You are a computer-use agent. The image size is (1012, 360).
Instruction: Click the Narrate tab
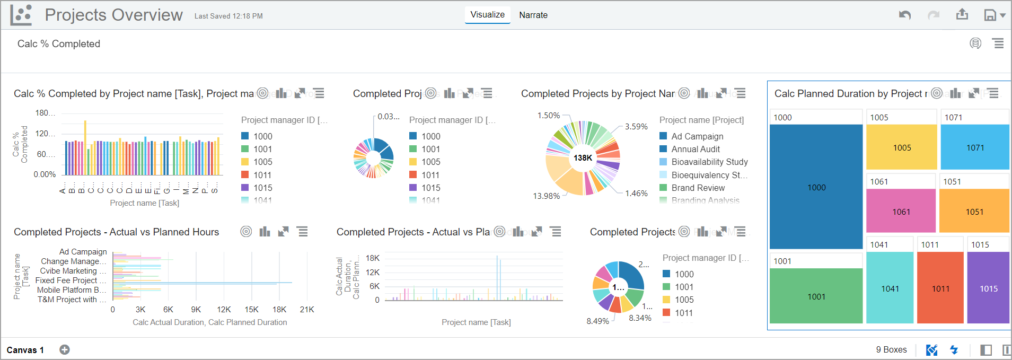point(533,15)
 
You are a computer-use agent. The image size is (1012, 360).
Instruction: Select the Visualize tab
point(487,15)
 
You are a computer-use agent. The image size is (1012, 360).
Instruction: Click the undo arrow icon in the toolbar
point(904,15)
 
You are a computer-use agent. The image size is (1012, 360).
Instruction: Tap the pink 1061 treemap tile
point(901,212)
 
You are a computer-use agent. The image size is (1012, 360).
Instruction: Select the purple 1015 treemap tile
point(988,288)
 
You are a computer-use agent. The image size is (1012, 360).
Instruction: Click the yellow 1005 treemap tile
point(901,147)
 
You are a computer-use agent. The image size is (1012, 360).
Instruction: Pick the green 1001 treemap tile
point(816,296)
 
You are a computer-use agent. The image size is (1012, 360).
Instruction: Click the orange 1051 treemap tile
point(974,212)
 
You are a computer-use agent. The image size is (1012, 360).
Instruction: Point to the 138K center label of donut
point(583,158)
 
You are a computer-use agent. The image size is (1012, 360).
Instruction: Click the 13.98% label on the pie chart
point(546,196)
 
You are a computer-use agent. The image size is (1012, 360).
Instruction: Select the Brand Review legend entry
point(698,188)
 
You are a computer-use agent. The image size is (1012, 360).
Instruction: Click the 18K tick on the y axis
point(373,258)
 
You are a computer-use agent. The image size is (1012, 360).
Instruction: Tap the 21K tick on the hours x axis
point(307,310)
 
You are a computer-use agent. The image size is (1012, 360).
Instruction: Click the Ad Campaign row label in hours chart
point(83,252)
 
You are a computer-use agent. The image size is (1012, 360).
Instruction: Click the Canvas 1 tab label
point(25,350)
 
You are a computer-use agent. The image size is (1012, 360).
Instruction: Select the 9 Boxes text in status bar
point(891,350)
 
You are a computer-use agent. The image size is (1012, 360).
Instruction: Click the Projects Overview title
point(113,15)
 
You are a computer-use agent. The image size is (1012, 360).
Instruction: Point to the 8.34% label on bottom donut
point(640,318)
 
